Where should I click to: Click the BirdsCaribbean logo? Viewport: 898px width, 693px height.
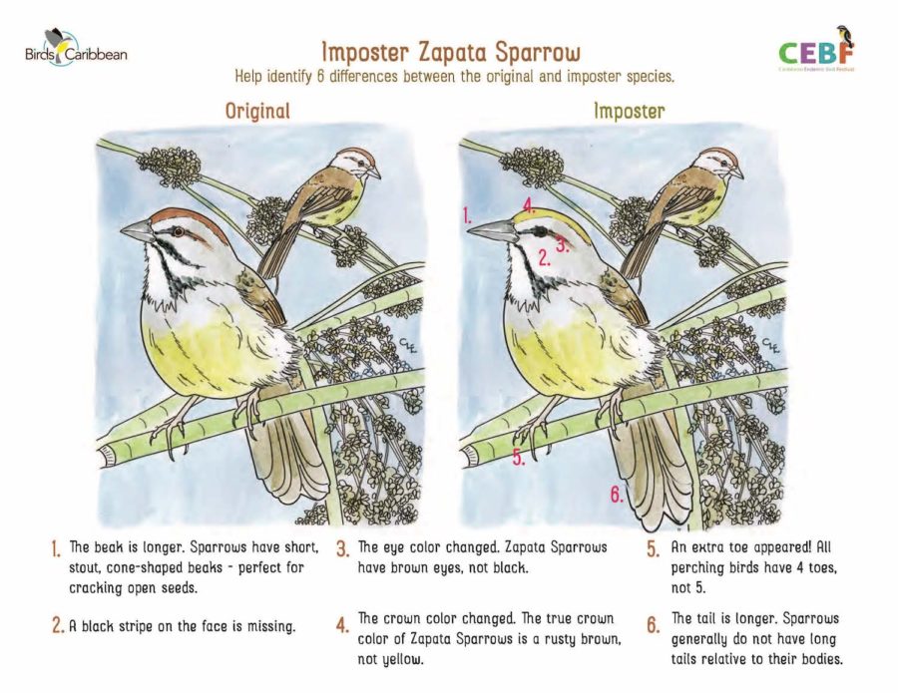point(76,48)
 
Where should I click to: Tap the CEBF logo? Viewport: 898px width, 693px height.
point(816,49)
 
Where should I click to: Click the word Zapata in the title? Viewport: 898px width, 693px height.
point(453,52)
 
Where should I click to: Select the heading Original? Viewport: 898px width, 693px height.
point(257,111)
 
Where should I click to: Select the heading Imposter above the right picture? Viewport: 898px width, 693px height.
point(629,111)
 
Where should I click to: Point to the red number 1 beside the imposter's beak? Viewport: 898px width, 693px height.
point(467,215)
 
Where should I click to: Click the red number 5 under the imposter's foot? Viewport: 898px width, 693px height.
point(518,458)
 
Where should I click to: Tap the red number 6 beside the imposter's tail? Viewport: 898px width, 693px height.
point(617,494)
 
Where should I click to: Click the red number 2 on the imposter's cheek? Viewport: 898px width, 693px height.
point(544,258)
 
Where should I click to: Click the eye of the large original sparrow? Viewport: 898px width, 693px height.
point(179,231)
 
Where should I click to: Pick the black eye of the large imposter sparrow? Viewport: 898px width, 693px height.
point(540,231)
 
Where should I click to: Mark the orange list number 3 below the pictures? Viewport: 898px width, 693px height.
point(342,549)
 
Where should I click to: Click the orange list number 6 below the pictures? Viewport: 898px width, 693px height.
point(654,625)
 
